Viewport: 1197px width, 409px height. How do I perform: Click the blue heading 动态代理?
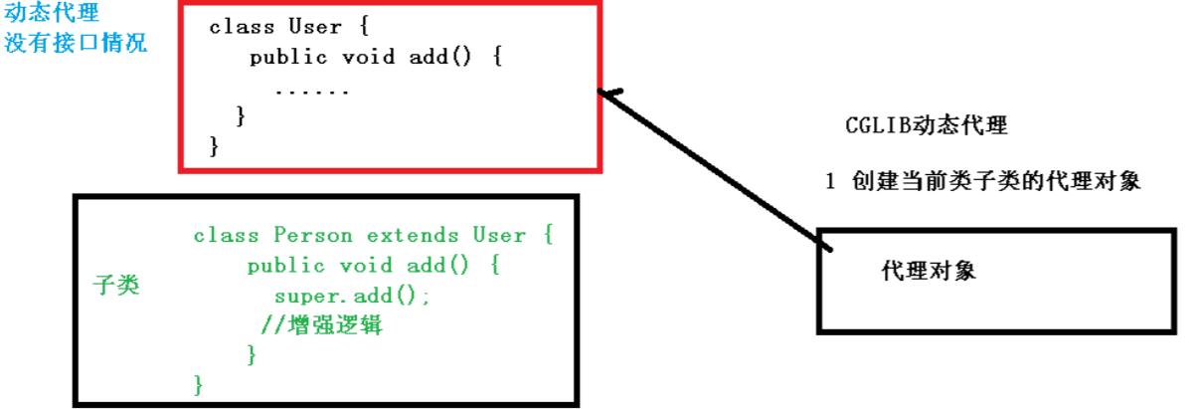(x=52, y=12)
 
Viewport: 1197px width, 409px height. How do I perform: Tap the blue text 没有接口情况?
(x=76, y=43)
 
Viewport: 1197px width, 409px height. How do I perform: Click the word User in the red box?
(x=315, y=26)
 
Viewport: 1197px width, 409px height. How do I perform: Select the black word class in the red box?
(x=242, y=27)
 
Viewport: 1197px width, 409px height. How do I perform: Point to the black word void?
(x=368, y=57)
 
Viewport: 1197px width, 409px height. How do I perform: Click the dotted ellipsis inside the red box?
(x=312, y=93)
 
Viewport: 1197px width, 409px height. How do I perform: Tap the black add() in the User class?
(x=439, y=57)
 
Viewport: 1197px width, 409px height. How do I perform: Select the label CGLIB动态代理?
(x=926, y=125)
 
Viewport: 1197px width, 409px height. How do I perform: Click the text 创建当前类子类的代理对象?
(x=996, y=181)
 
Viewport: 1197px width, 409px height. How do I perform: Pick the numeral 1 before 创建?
(x=830, y=181)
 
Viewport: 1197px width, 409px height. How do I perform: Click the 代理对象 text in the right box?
(x=929, y=271)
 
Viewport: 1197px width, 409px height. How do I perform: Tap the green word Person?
(x=313, y=235)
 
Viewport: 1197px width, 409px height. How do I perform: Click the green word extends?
(x=413, y=235)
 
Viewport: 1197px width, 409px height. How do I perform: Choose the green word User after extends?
(x=499, y=235)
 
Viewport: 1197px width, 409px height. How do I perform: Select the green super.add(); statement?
(x=352, y=296)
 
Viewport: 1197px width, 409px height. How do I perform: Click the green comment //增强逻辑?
(x=321, y=325)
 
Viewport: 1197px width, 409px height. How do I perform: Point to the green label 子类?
(x=116, y=285)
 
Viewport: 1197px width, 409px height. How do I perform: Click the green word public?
(x=286, y=266)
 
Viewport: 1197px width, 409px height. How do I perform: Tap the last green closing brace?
(x=198, y=385)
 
